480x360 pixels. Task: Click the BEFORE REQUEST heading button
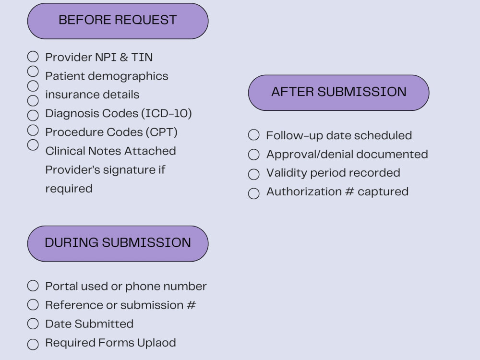[x=118, y=21]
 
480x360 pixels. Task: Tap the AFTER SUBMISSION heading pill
[x=338, y=93]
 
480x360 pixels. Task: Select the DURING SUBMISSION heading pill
[x=118, y=244]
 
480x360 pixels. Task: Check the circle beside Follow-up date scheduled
[x=254, y=135]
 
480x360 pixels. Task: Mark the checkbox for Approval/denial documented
[x=254, y=155]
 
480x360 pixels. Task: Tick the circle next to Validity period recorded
[x=254, y=174]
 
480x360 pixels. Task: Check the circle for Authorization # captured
[x=254, y=193]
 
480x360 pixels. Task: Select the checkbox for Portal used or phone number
[x=33, y=286]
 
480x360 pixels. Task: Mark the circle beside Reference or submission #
[x=33, y=305]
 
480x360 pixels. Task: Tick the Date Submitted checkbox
[x=33, y=324]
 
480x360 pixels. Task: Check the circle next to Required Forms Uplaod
[x=33, y=344]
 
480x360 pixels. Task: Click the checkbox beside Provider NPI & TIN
[x=33, y=57]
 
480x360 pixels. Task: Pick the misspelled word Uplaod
[x=156, y=343]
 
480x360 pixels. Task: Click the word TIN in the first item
[x=142, y=57]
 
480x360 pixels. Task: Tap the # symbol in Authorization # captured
[x=349, y=192]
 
